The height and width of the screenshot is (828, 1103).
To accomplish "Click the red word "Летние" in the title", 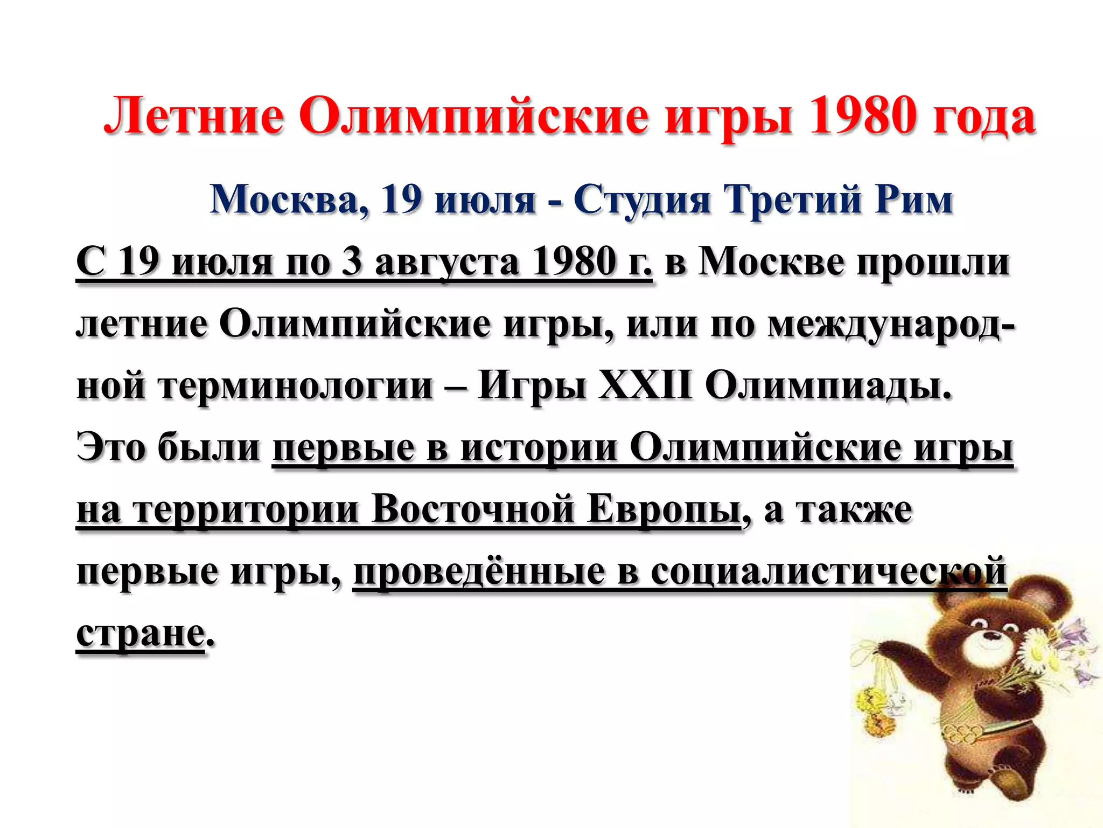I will tap(193, 116).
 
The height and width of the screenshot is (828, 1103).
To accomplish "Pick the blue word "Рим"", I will tap(914, 199).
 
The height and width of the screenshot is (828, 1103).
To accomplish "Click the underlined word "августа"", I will tap(447, 263).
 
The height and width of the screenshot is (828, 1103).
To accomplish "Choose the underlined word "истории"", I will tap(539, 448).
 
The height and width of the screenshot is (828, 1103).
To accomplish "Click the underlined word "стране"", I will tap(141, 634).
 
